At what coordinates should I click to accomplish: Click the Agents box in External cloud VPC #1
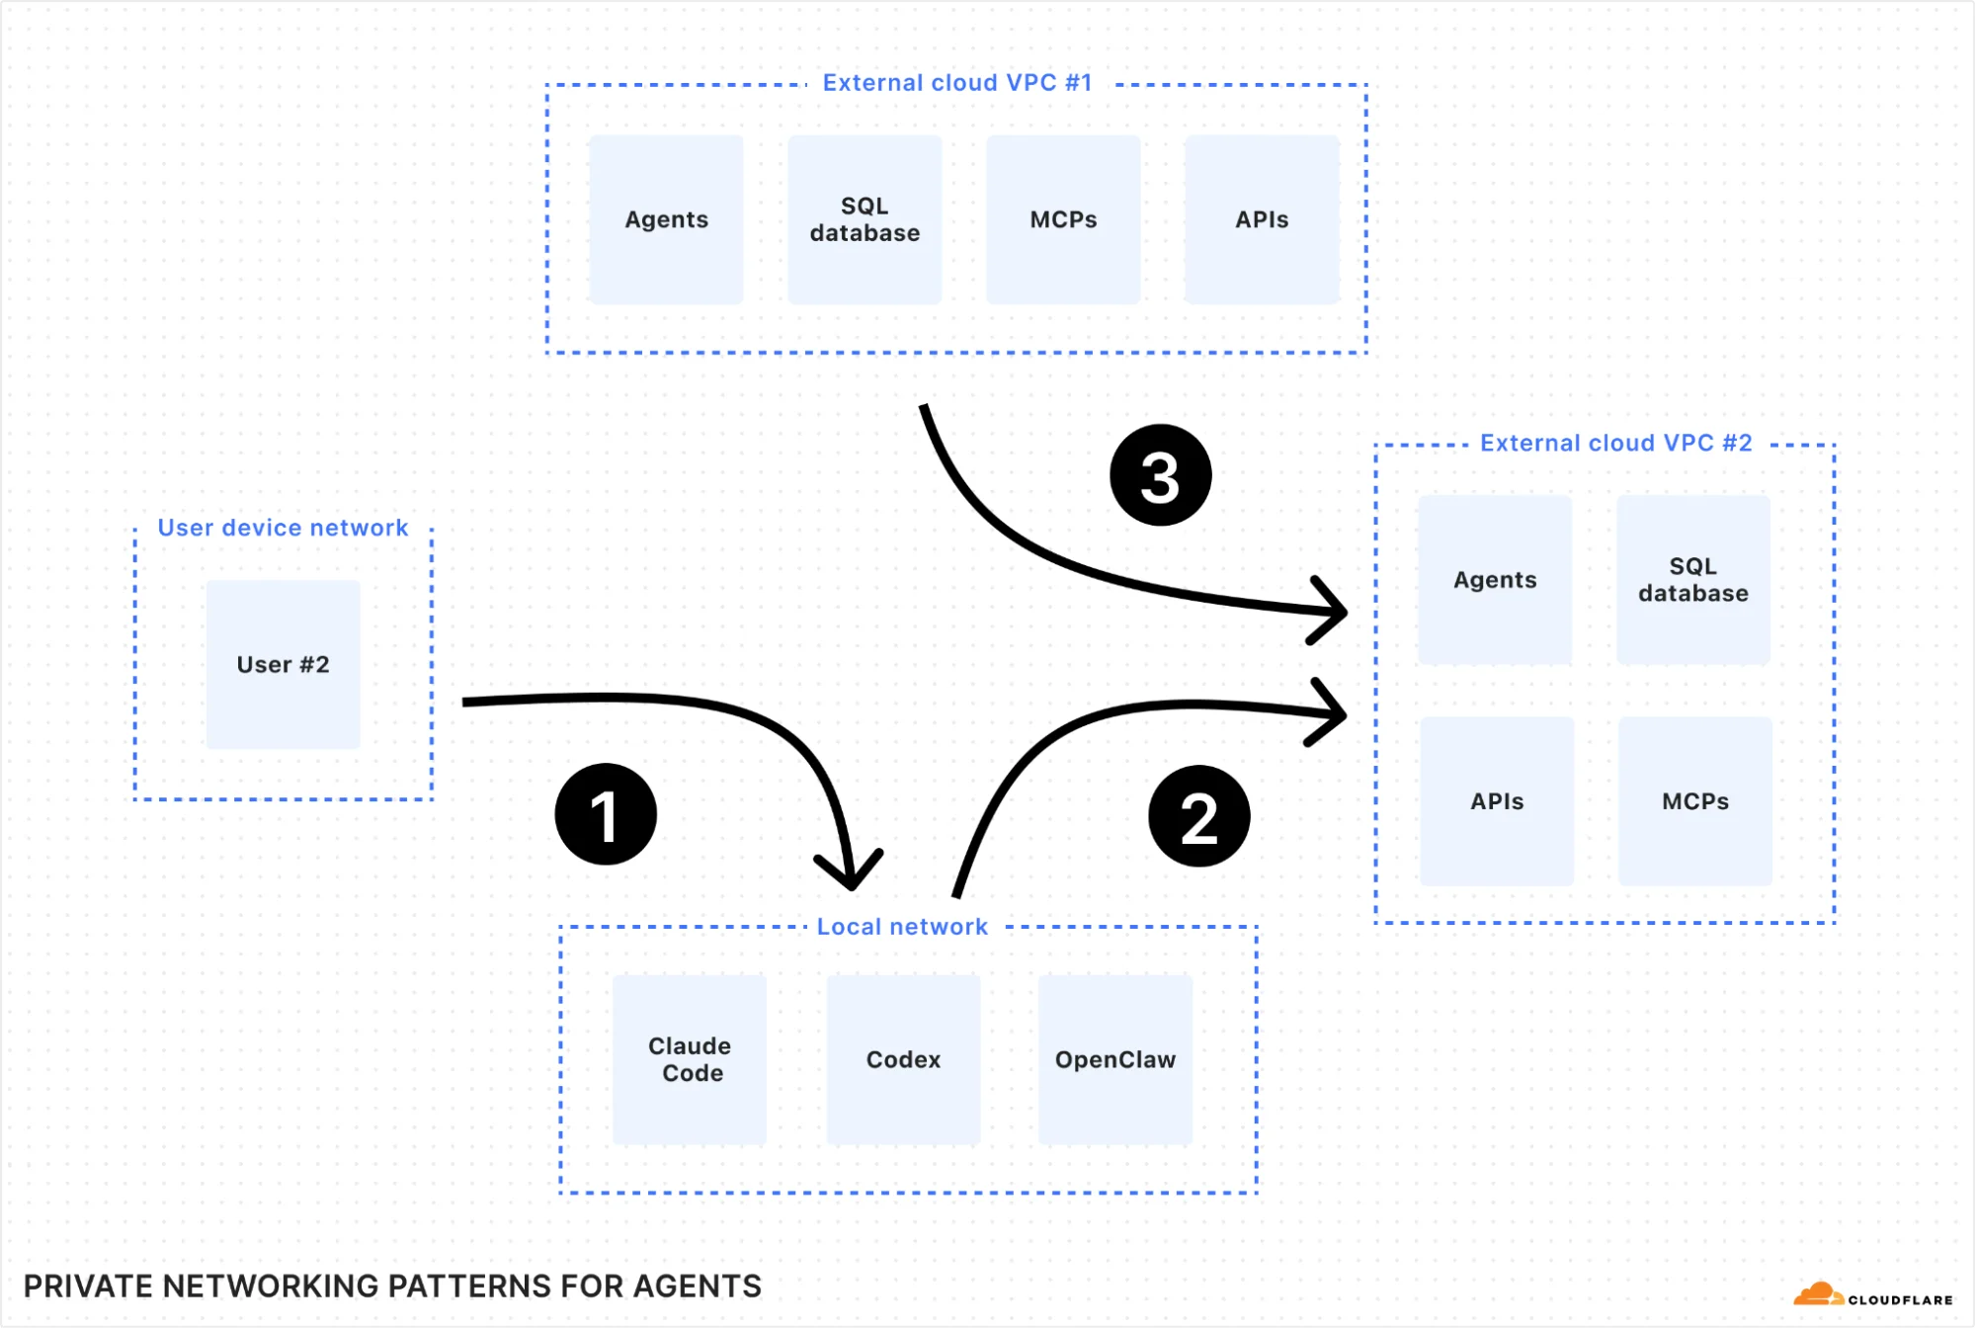(666, 219)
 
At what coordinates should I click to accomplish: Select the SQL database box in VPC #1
(864, 219)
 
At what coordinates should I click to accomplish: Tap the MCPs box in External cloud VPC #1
(1063, 219)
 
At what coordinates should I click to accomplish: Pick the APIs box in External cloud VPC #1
(1262, 219)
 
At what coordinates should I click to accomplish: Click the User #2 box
(283, 664)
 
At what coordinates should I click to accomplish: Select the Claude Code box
(690, 1059)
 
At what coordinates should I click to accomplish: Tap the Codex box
(903, 1059)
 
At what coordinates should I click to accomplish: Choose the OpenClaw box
(1115, 1059)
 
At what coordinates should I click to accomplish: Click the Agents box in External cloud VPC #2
(1495, 580)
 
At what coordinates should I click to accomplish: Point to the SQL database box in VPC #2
(1693, 580)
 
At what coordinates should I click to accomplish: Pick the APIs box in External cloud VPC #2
(1497, 801)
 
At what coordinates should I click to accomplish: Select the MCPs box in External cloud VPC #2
(1695, 801)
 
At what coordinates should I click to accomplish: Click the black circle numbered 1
(606, 814)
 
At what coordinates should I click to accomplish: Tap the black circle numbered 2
(1198, 816)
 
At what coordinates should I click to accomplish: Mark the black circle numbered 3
(1160, 475)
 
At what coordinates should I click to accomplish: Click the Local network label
(901, 927)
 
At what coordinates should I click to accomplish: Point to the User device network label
(283, 528)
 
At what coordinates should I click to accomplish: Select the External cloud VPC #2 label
(1615, 444)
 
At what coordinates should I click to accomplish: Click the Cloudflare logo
(1872, 1295)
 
